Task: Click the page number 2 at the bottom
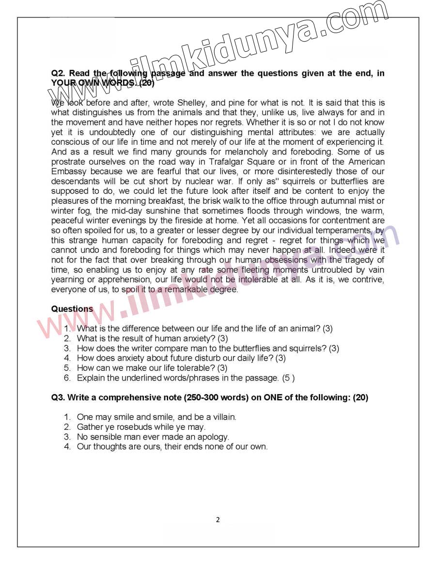(x=218, y=520)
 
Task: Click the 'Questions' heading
(x=72, y=309)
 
